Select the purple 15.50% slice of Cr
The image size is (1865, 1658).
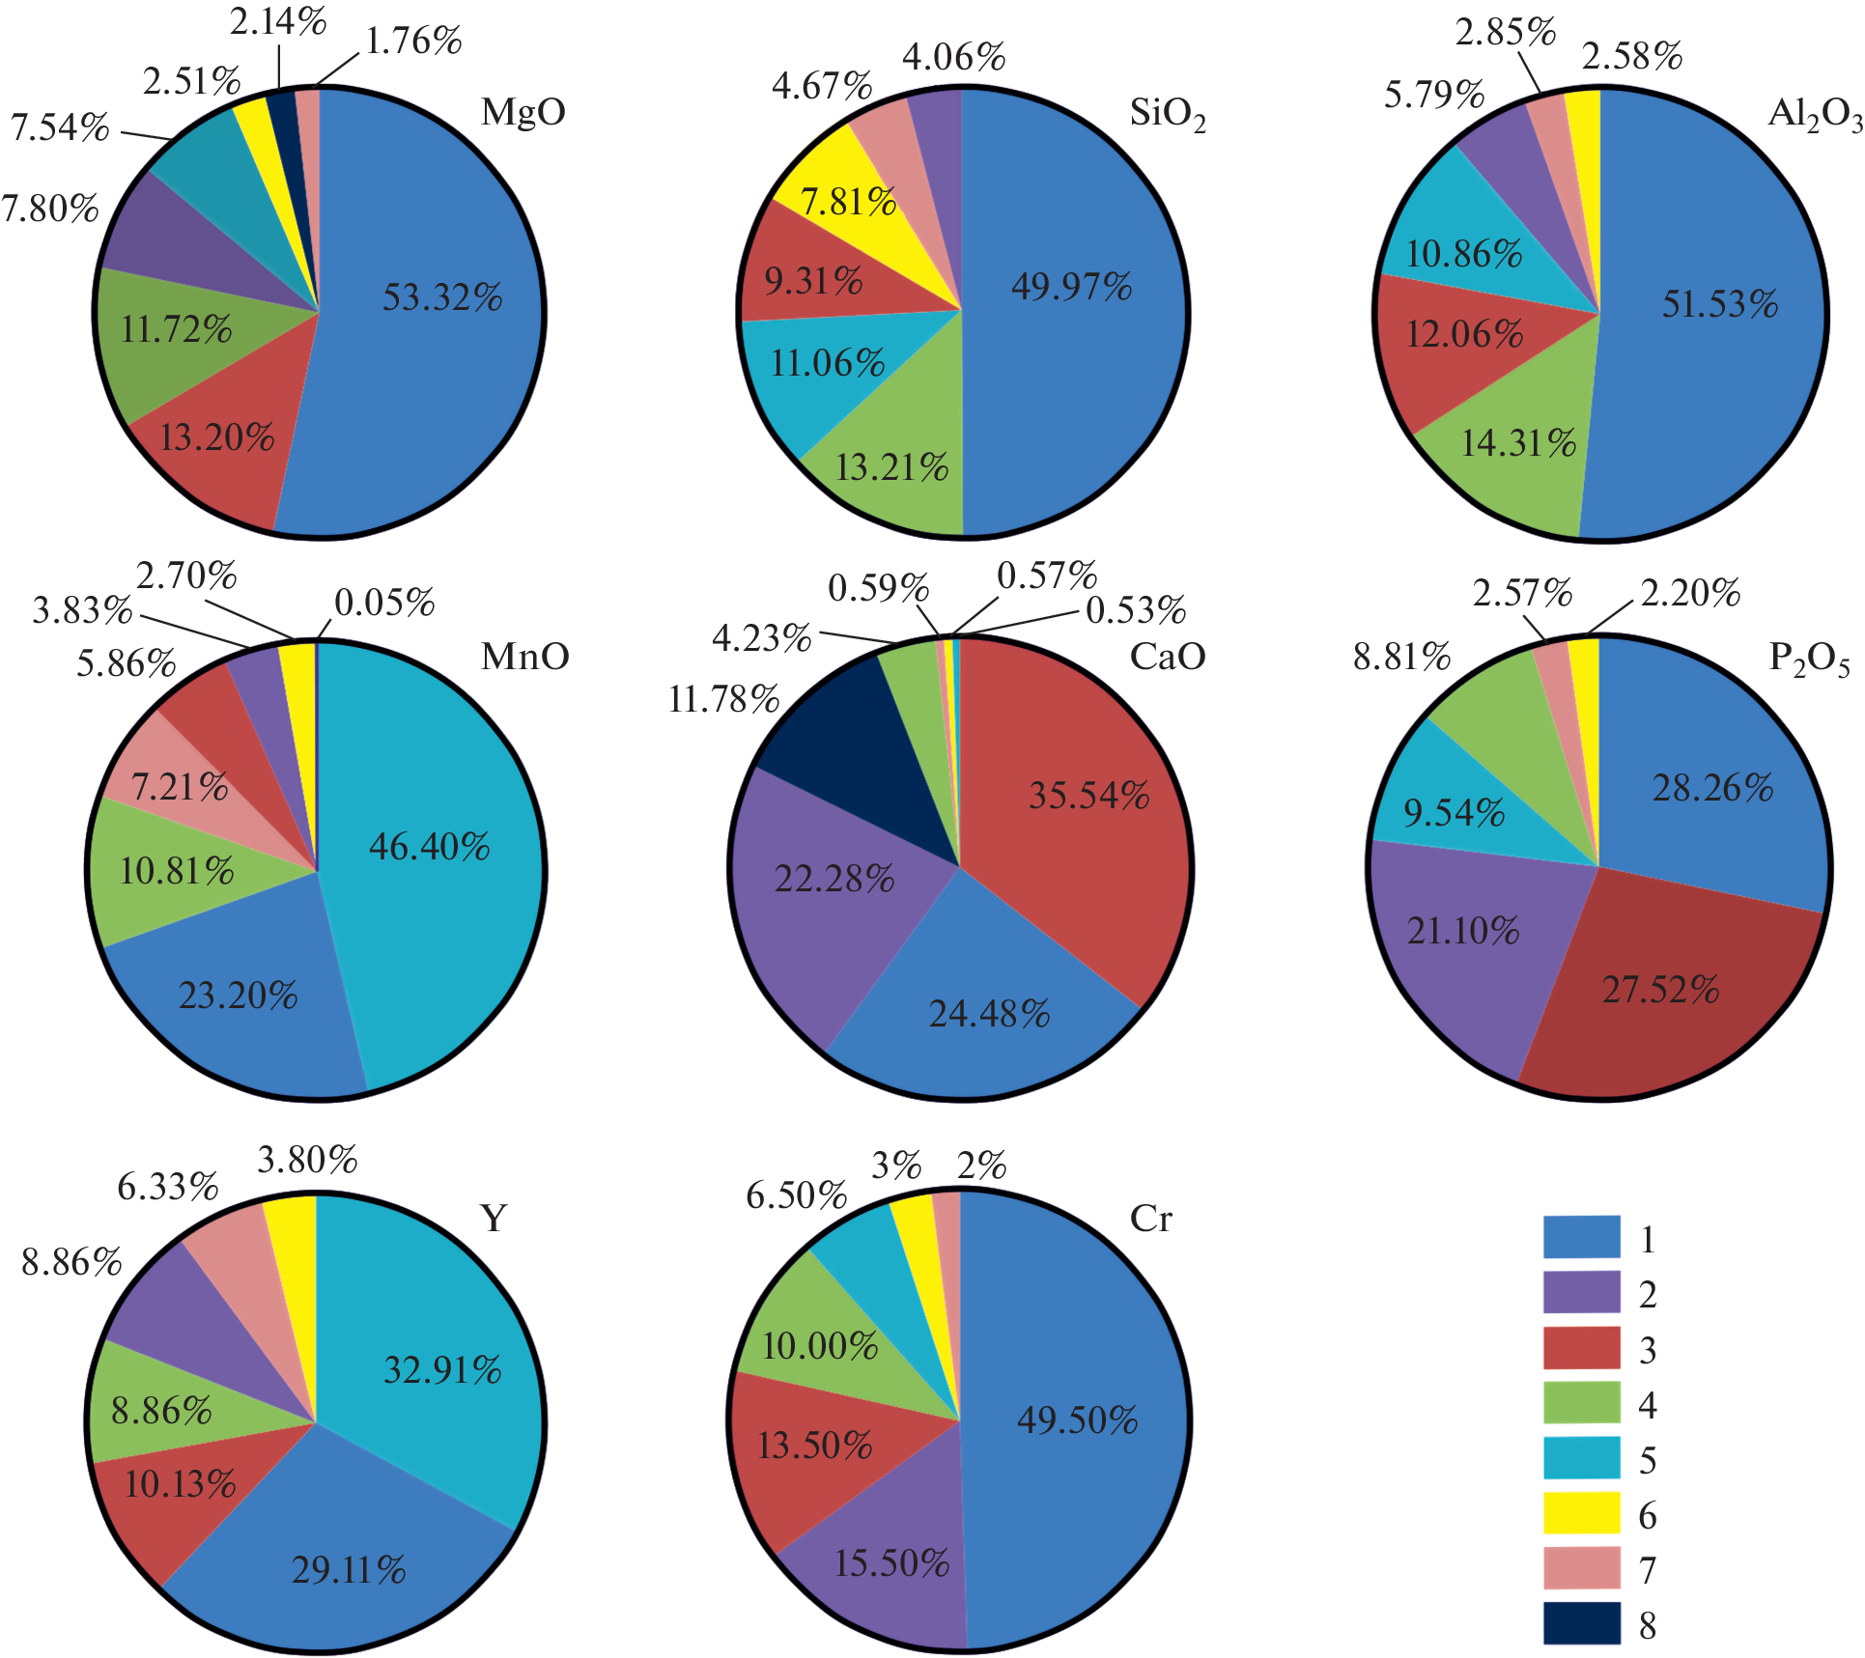[x=889, y=1564]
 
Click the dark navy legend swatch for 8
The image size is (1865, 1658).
[x=1581, y=1624]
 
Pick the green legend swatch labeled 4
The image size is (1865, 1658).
[x=1581, y=1403]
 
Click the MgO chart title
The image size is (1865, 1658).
[x=523, y=112]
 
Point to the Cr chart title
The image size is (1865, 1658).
[x=1150, y=1219]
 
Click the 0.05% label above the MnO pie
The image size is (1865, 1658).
[x=384, y=604]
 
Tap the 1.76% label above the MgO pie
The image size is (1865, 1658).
[x=413, y=42]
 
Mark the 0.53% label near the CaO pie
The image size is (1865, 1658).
[x=1136, y=610]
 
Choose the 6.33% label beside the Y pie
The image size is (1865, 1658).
[x=168, y=1187]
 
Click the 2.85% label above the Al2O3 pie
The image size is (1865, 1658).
[x=1506, y=33]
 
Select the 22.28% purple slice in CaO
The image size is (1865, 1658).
[x=835, y=879]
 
